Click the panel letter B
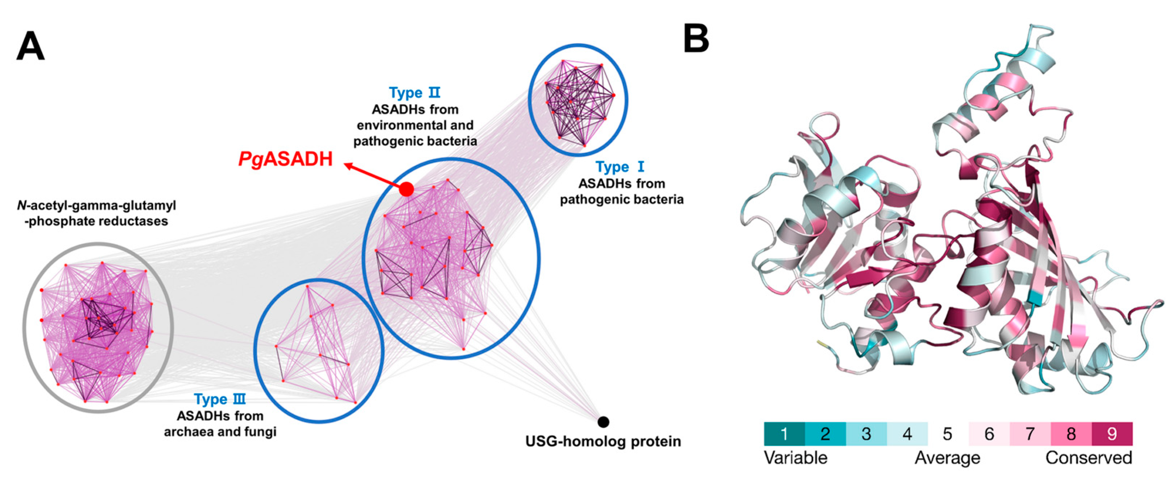696,39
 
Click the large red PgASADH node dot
406,189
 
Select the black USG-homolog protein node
603,422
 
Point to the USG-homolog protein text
603,441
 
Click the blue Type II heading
415,93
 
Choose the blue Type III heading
220,399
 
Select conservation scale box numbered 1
784,434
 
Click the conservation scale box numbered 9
1112,434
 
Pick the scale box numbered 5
948,434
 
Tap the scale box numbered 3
866,434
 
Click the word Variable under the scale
795,458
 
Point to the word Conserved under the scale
1088,458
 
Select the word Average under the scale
947,458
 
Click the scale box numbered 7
1030,434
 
